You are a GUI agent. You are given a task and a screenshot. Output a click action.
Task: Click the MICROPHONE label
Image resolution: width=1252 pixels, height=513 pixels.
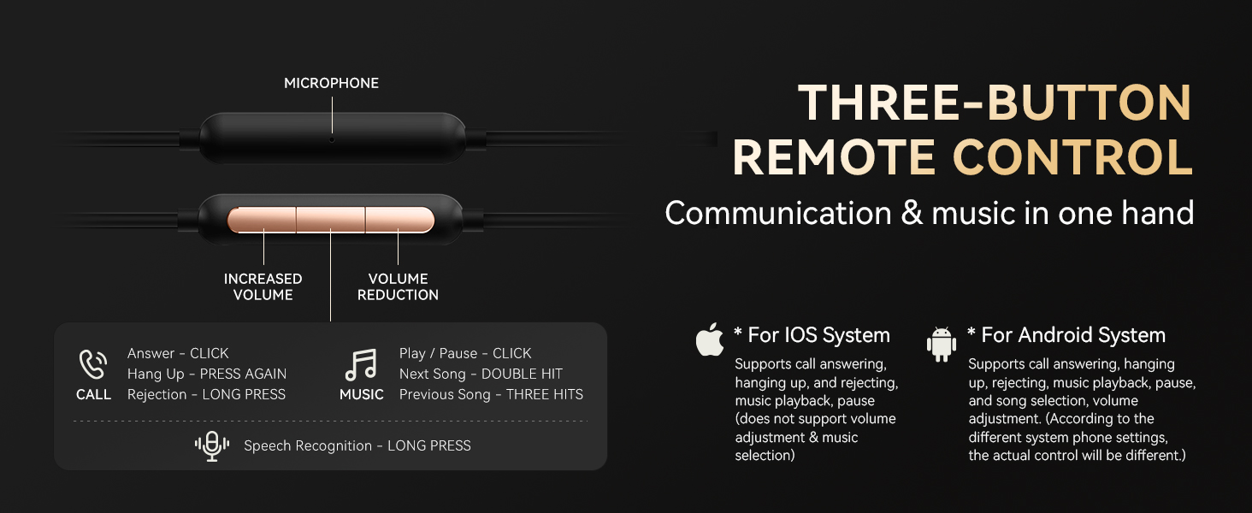[331, 83]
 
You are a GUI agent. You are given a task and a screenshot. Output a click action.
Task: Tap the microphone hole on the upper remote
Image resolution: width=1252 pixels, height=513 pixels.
[332, 139]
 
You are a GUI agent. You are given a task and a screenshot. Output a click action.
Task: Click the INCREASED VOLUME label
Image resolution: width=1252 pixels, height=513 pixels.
[263, 286]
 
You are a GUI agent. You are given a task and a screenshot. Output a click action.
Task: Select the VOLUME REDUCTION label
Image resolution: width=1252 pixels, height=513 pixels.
[398, 286]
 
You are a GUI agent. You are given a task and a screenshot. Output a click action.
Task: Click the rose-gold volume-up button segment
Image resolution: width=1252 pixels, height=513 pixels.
[263, 220]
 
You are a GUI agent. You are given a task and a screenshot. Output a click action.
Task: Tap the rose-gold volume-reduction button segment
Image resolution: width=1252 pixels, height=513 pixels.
[399, 220]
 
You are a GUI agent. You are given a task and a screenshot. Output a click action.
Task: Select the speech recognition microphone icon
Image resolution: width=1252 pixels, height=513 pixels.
[212, 445]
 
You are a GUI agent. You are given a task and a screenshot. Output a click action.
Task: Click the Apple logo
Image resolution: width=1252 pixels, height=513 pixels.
[710, 339]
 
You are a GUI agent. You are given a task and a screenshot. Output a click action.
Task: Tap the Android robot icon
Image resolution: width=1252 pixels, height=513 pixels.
[941, 344]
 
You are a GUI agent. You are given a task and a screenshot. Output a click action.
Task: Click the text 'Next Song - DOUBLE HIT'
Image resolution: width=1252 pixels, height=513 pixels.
[481, 374]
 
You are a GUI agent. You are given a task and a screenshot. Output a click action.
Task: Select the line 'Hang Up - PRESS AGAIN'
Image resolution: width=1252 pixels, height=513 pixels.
[207, 374]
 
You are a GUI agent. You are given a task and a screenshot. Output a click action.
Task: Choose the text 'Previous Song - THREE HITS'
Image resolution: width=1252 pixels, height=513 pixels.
[491, 394]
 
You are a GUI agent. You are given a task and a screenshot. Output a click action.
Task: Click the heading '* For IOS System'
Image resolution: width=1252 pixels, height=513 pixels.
[812, 335]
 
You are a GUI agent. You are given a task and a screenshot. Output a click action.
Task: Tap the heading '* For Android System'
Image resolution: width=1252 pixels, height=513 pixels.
[1066, 335]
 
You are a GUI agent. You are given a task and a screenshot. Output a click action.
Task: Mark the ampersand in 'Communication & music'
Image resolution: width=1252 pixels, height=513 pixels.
[911, 213]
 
